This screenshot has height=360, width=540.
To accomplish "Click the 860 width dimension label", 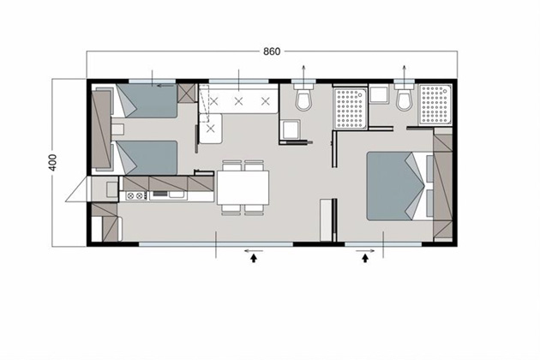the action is pyautogui.click(x=272, y=51).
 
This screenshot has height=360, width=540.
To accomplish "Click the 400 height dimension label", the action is pyautogui.click(x=52, y=162).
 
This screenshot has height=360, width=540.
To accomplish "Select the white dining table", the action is pyautogui.click(x=243, y=188).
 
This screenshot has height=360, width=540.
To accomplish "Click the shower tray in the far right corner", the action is pyautogui.click(x=435, y=105).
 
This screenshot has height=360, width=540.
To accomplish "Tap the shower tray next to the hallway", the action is pyautogui.click(x=351, y=108).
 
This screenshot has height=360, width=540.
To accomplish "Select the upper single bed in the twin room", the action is pyautogui.click(x=146, y=100).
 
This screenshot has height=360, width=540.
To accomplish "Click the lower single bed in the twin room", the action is pyautogui.click(x=146, y=158).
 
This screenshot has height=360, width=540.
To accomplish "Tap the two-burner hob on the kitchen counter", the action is pyautogui.click(x=135, y=195).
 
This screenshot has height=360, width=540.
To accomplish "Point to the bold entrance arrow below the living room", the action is pyautogui.click(x=254, y=258).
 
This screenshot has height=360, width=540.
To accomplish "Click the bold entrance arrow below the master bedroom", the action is pyautogui.click(x=365, y=258).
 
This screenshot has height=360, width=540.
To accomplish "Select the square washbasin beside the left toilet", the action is pyautogui.click(x=290, y=129).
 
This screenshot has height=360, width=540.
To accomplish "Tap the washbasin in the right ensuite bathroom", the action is pyautogui.click(x=379, y=95).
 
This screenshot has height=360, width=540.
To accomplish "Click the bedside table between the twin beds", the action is pyautogui.click(x=117, y=129).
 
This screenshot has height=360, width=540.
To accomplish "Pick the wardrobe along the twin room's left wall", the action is pyautogui.click(x=101, y=129).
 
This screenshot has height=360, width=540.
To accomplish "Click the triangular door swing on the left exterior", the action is pyautogui.click(x=78, y=189).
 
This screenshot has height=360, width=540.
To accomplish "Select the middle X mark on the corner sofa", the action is pyautogui.click(x=238, y=101).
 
